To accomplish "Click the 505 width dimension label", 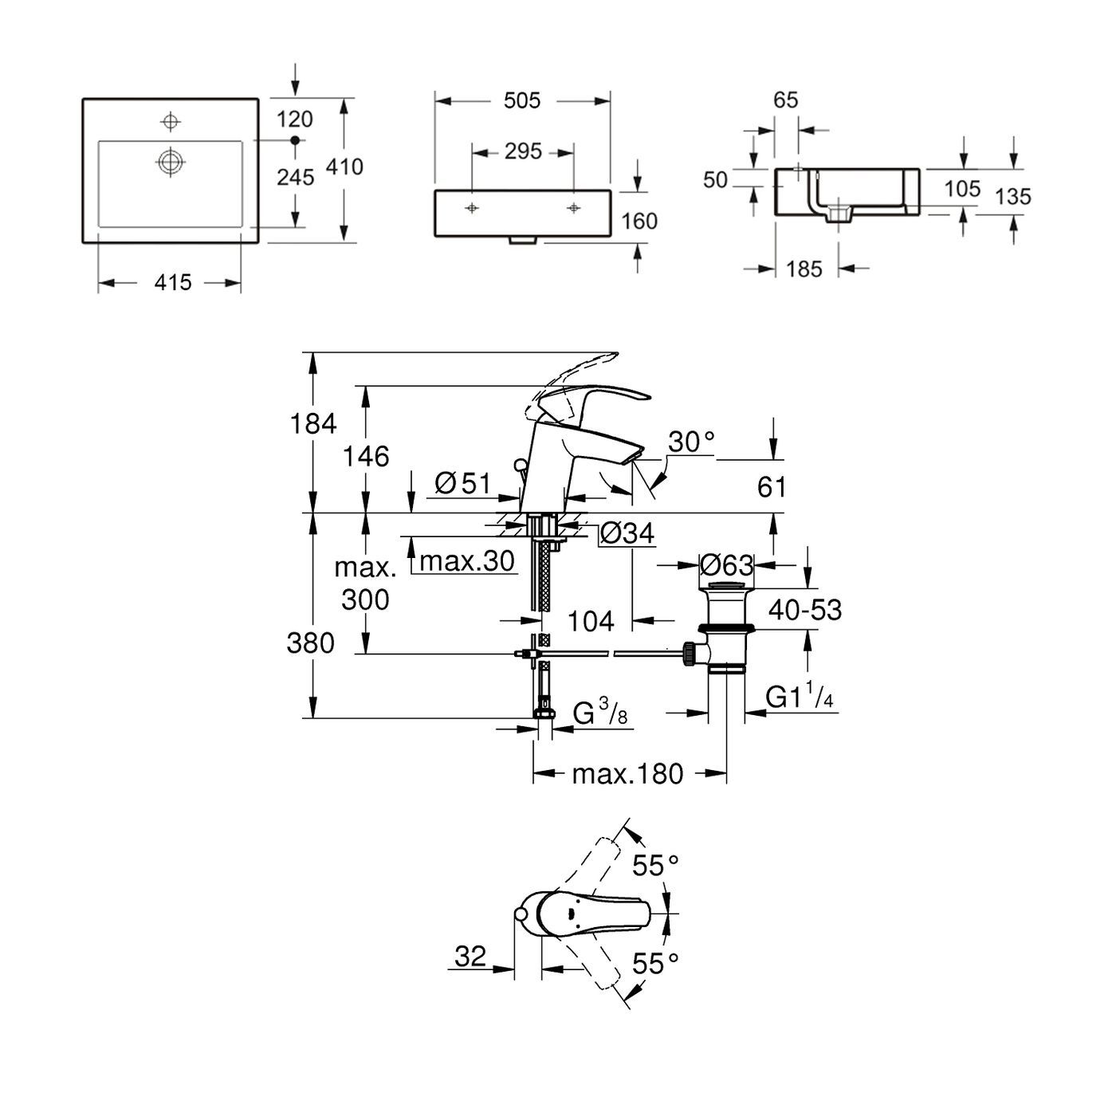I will (x=522, y=100).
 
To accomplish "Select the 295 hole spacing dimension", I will (x=523, y=151).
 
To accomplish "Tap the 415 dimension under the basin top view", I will (x=173, y=282).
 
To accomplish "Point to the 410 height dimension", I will (x=344, y=167).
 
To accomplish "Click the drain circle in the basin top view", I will (x=170, y=162).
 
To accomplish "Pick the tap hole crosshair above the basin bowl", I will (x=169, y=121).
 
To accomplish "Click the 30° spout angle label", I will (x=690, y=442).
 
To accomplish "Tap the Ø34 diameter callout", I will (x=627, y=533).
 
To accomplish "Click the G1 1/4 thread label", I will (x=800, y=697).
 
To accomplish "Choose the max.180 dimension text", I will (x=627, y=773).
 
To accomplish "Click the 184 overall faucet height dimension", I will (x=314, y=424).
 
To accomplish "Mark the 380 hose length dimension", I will (x=311, y=642).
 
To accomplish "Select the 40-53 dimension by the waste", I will (x=805, y=610).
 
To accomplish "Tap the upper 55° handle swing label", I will (x=655, y=865).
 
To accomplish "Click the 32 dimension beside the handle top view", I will (x=470, y=956).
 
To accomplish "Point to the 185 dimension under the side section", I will (x=804, y=269).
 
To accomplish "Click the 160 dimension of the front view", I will (x=639, y=221).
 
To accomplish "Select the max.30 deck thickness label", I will (x=467, y=561).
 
